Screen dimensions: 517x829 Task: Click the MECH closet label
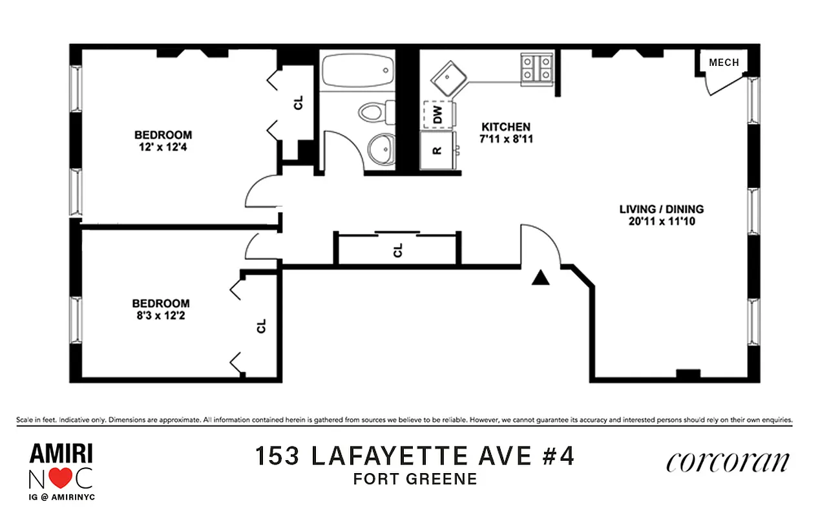click(x=724, y=63)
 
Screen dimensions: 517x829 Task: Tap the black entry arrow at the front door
click(x=540, y=278)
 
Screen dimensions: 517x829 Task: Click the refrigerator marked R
click(x=437, y=151)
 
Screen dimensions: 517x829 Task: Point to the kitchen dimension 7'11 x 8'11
click(x=506, y=138)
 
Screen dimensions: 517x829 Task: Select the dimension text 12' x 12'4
click(x=163, y=147)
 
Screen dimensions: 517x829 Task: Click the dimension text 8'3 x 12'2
click(x=161, y=315)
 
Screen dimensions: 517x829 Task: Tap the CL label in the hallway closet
click(x=398, y=250)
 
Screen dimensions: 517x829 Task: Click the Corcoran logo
click(x=728, y=461)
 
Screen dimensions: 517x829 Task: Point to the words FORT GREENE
click(x=414, y=480)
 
